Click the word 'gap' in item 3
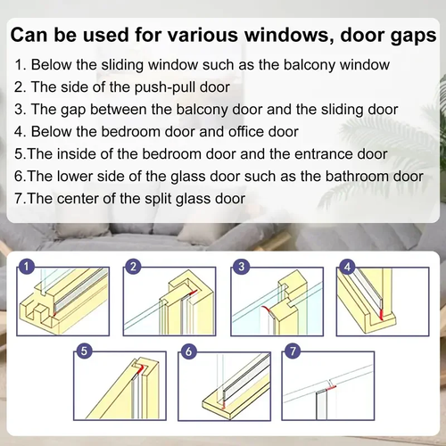click(77, 109)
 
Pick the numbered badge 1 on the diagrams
click(29, 267)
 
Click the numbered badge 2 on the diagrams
click(133, 267)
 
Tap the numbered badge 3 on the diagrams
click(241, 267)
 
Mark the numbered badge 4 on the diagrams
click(348, 267)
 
